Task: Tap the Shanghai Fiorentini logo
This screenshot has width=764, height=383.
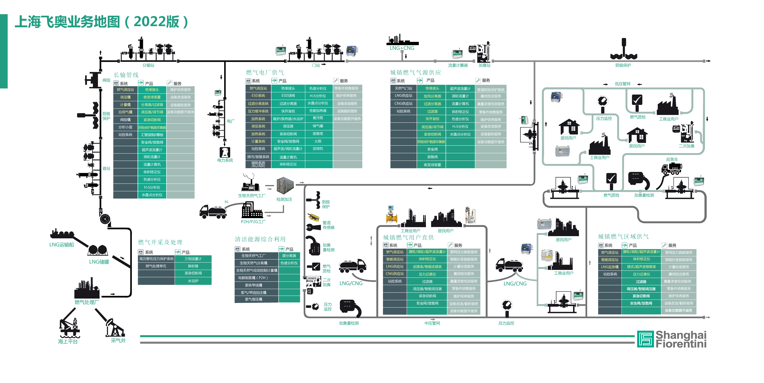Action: tap(672, 339)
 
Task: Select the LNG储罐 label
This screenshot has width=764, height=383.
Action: tap(99, 262)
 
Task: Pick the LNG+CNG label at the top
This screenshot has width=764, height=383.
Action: tap(402, 48)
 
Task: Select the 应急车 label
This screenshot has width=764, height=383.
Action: tap(672, 159)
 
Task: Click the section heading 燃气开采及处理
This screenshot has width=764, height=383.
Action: tap(160, 242)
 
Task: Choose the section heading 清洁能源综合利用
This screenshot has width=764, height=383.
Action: tap(260, 239)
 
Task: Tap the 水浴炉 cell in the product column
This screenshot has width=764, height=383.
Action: tap(193, 281)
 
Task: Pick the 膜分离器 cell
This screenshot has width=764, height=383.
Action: tap(289, 256)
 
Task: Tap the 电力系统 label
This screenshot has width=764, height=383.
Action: tap(225, 160)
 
